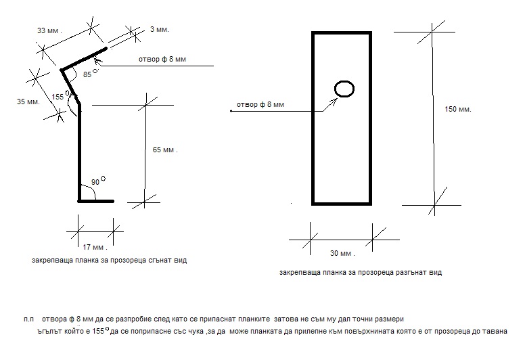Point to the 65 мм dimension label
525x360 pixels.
pyautogui.click(x=165, y=150)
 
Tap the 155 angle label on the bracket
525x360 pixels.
pyautogui.click(x=58, y=97)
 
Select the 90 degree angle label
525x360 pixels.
pyautogui.click(x=95, y=182)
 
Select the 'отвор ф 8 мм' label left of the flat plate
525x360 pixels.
pyautogui.click(x=260, y=105)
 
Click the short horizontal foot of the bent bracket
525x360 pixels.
pyautogui.click(x=96, y=201)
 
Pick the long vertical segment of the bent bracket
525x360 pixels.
pyautogui.click(x=79, y=152)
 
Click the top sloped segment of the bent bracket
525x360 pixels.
pyautogui.click(x=85, y=59)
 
